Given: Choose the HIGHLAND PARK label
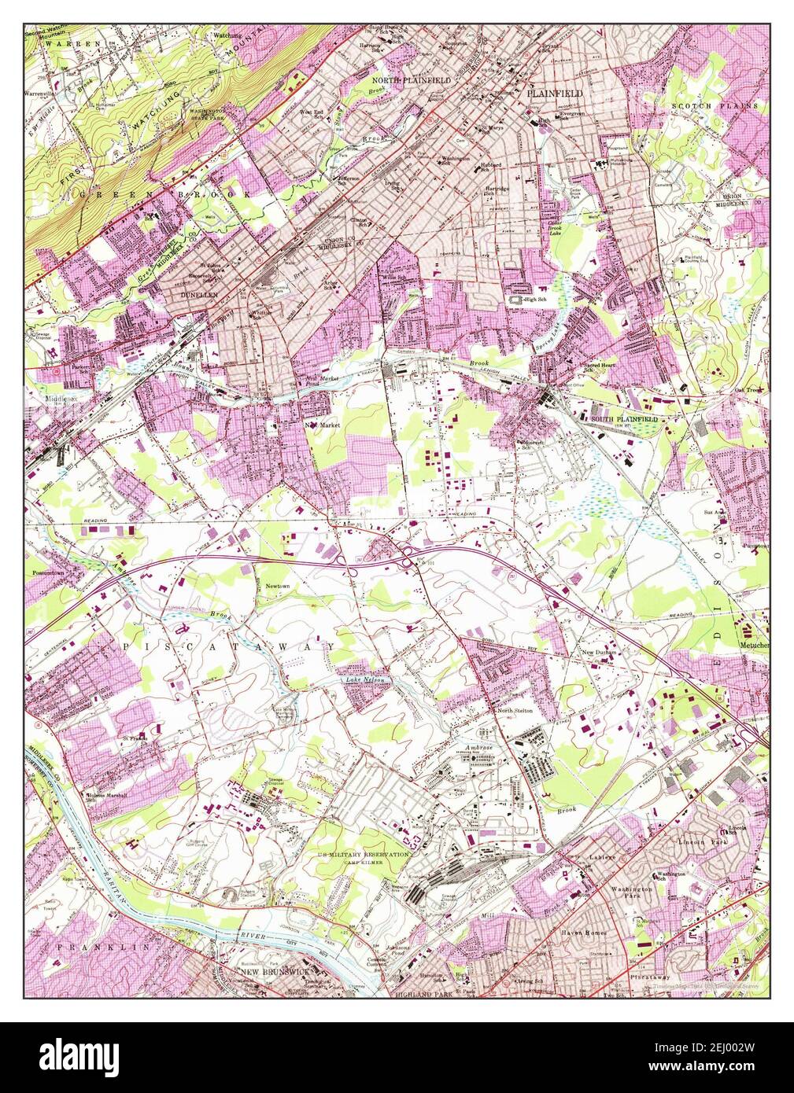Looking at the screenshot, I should (x=422, y=994).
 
